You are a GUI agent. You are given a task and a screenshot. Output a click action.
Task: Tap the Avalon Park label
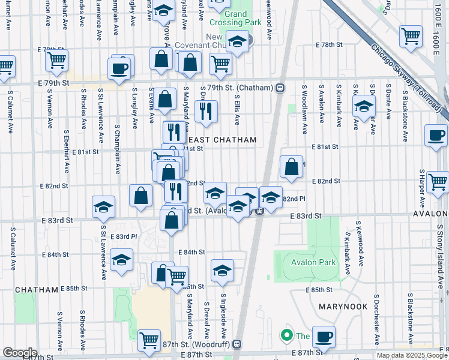312,262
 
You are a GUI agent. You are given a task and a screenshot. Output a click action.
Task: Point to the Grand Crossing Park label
237,19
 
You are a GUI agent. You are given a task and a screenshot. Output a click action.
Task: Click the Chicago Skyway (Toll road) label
406,78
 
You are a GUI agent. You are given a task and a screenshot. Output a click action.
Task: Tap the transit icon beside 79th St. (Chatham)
280,88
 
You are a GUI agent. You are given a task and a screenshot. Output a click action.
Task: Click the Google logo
19,352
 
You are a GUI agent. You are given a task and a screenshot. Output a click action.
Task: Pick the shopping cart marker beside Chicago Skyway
411,35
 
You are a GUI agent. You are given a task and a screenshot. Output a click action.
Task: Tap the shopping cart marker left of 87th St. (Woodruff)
149,340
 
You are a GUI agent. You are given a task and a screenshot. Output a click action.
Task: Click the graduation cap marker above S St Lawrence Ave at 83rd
103,206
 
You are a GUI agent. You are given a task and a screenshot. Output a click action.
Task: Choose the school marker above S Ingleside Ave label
222,269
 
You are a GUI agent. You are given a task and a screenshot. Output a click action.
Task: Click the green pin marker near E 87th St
287,335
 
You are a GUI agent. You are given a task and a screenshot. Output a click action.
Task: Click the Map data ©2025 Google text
411,355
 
